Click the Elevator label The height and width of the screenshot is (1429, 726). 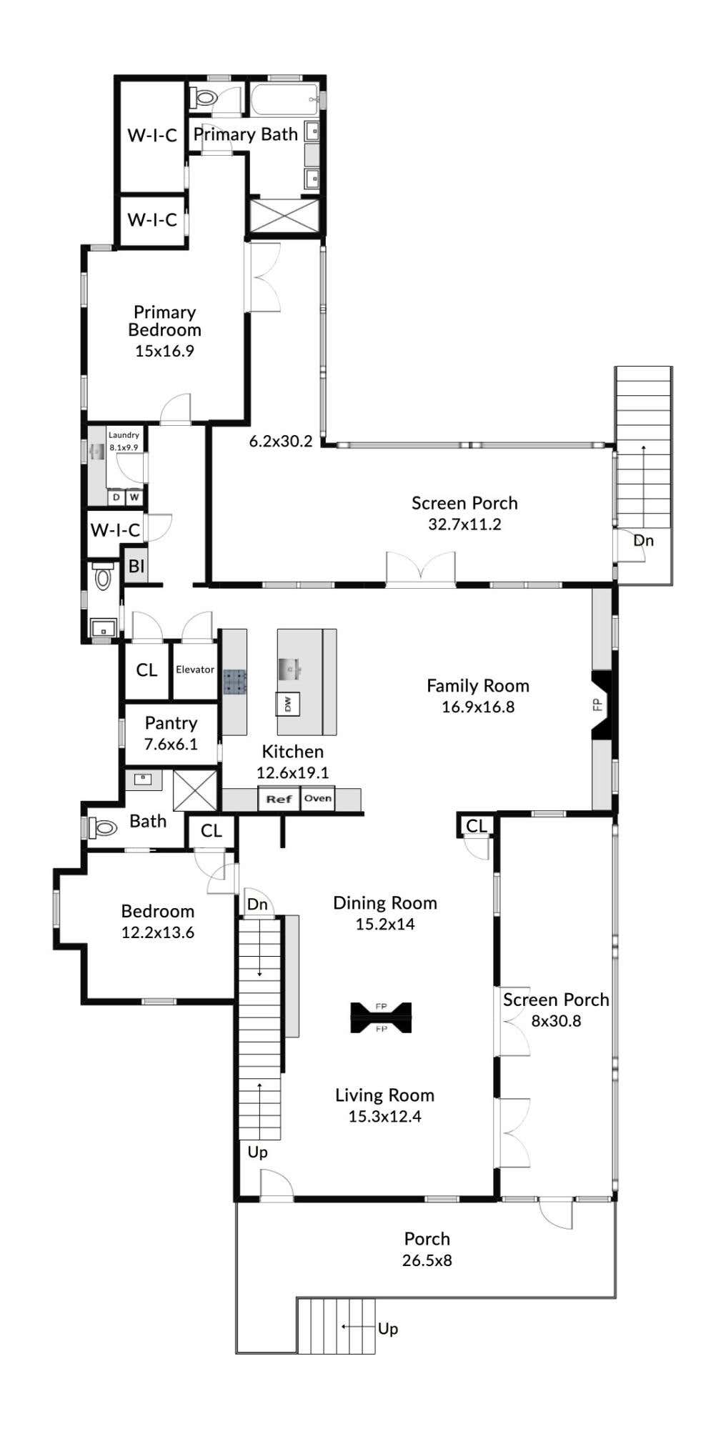pyautogui.click(x=195, y=669)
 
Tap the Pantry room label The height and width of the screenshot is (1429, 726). pyautogui.click(x=171, y=723)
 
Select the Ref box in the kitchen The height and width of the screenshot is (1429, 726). pyautogui.click(x=279, y=799)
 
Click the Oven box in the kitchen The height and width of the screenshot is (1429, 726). pyautogui.click(x=317, y=798)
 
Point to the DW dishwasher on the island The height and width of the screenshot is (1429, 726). pyautogui.click(x=288, y=704)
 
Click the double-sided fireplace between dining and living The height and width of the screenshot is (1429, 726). pyautogui.click(x=381, y=1017)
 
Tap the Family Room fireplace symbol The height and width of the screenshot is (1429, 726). pyautogui.click(x=600, y=705)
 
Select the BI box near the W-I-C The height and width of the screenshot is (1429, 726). pyautogui.click(x=136, y=567)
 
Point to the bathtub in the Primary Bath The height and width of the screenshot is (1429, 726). pyautogui.click(x=284, y=99)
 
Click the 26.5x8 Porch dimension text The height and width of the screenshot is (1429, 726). pyautogui.click(x=427, y=1260)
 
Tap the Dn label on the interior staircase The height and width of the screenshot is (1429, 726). pyautogui.click(x=257, y=905)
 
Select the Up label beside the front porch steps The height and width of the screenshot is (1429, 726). pyautogui.click(x=388, y=1328)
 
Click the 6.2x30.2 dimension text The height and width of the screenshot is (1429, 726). pyautogui.click(x=281, y=442)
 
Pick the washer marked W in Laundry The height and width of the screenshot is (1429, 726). pyautogui.click(x=134, y=497)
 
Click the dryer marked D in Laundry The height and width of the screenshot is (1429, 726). pyautogui.click(x=116, y=497)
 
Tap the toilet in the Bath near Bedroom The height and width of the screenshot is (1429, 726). pyautogui.click(x=103, y=827)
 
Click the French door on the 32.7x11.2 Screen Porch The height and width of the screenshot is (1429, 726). pyautogui.click(x=421, y=569)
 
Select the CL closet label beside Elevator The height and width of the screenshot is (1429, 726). pyautogui.click(x=146, y=670)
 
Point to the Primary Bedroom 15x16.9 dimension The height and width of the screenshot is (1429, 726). pyautogui.click(x=164, y=351)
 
